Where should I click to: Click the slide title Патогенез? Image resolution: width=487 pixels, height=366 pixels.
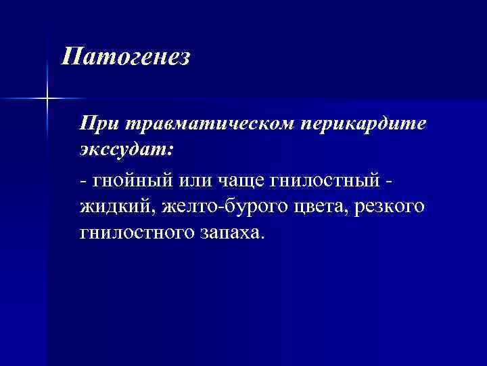126,56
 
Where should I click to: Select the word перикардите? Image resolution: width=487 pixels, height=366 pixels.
367,125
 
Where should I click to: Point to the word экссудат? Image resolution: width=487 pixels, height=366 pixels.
126,150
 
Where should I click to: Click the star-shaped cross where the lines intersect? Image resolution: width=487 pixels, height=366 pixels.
47,99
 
